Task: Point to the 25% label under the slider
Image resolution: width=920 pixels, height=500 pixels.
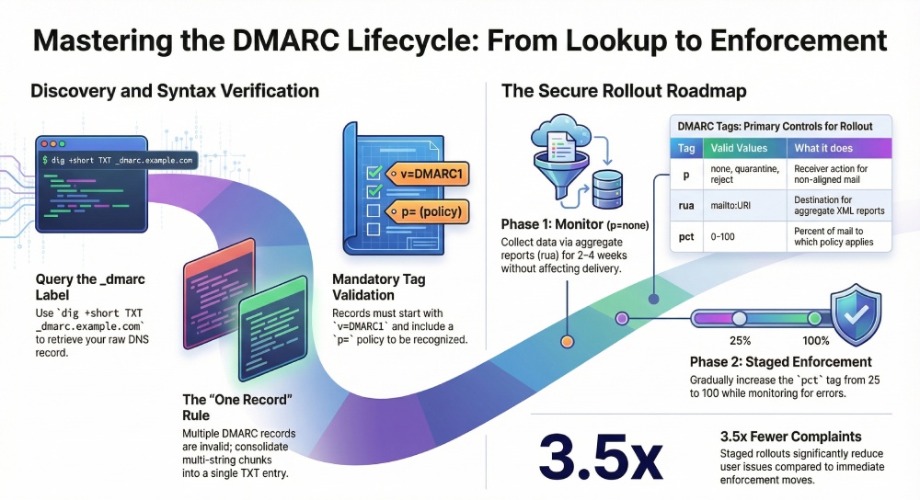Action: [x=741, y=339]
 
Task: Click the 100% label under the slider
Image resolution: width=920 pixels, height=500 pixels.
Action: [x=817, y=339]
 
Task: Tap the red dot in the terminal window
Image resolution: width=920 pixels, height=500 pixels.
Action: [x=41, y=144]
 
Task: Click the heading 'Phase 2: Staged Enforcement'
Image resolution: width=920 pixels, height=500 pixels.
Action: [x=781, y=361]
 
